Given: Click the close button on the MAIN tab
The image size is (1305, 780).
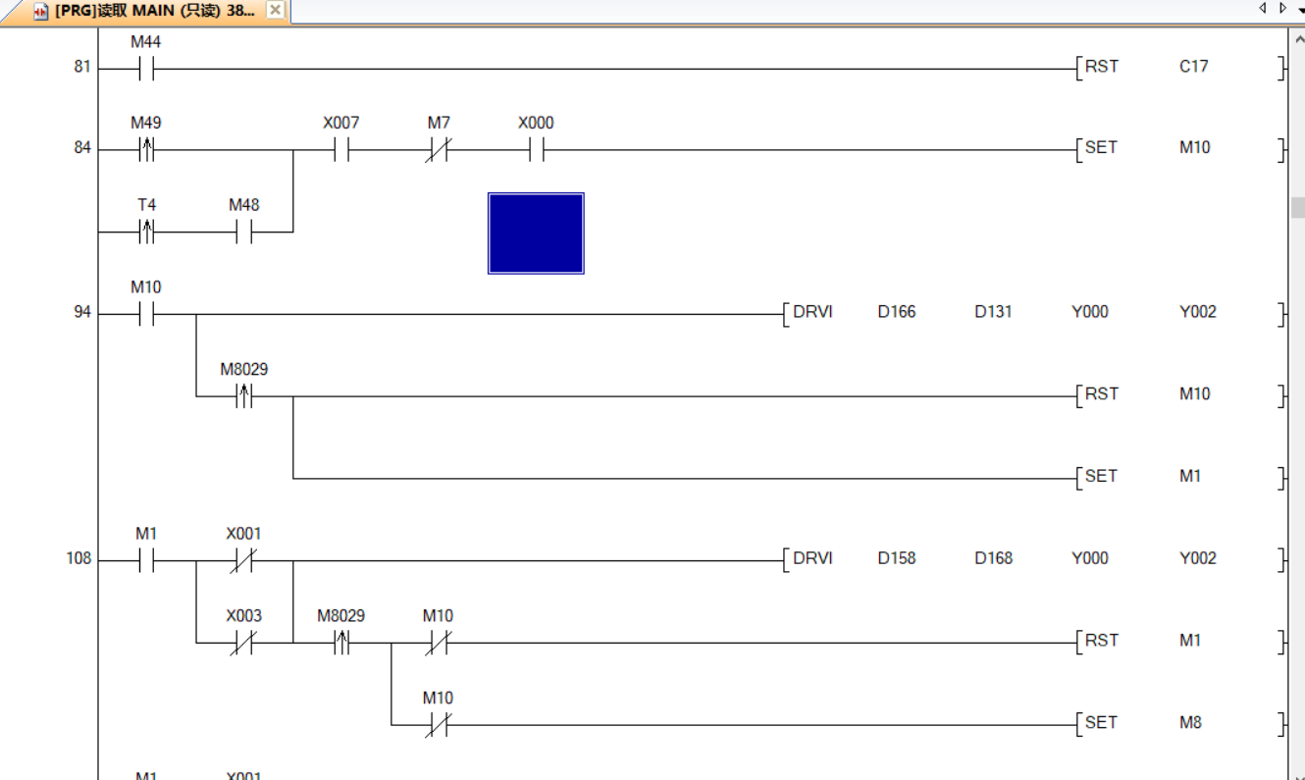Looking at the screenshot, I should click(x=275, y=10).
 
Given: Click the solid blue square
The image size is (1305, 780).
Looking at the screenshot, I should click(x=536, y=233).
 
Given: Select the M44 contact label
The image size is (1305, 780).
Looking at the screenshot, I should click(x=146, y=42).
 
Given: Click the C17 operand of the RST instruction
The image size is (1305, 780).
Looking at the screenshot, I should click(x=1193, y=67).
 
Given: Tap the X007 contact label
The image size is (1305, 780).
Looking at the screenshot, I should click(x=340, y=123).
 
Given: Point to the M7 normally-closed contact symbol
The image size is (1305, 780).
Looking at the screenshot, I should click(x=438, y=150).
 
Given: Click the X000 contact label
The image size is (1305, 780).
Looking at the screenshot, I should click(x=536, y=123).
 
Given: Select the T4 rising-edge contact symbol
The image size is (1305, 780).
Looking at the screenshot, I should click(x=146, y=233).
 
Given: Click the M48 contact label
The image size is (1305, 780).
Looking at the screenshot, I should click(x=243, y=205).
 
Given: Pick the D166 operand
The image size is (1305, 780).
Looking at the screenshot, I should click(x=896, y=312).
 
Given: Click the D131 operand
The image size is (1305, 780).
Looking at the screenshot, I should click(x=993, y=312).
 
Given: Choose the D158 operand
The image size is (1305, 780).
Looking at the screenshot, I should click(x=896, y=558).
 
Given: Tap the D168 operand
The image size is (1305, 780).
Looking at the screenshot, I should click(x=993, y=558).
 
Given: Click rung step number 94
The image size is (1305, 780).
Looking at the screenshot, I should click(x=81, y=312).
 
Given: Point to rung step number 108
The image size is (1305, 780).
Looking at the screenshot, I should click(x=78, y=558).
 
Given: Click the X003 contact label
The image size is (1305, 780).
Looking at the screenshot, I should click(x=243, y=616).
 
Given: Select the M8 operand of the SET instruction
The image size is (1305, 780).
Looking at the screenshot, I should click(x=1189, y=722).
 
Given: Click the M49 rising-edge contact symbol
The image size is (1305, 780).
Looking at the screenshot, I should click(x=146, y=150).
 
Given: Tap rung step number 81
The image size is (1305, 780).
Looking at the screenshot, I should click(x=81, y=67).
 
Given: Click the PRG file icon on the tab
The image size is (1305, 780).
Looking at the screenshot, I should click(x=41, y=11).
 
